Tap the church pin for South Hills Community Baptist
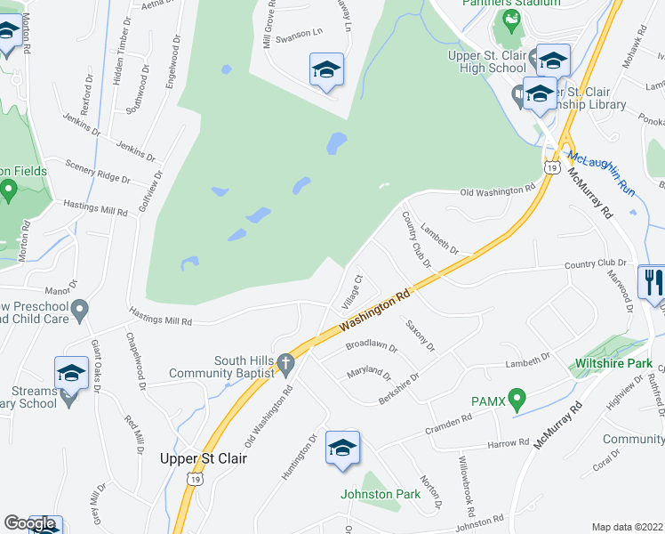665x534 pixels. click(284, 363)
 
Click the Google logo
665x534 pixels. click(30, 523)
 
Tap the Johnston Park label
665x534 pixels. click(380, 494)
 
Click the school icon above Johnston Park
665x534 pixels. click(342, 449)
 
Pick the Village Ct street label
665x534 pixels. click(353, 292)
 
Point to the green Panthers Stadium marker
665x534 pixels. click(511, 19)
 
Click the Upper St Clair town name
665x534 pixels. click(202, 458)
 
